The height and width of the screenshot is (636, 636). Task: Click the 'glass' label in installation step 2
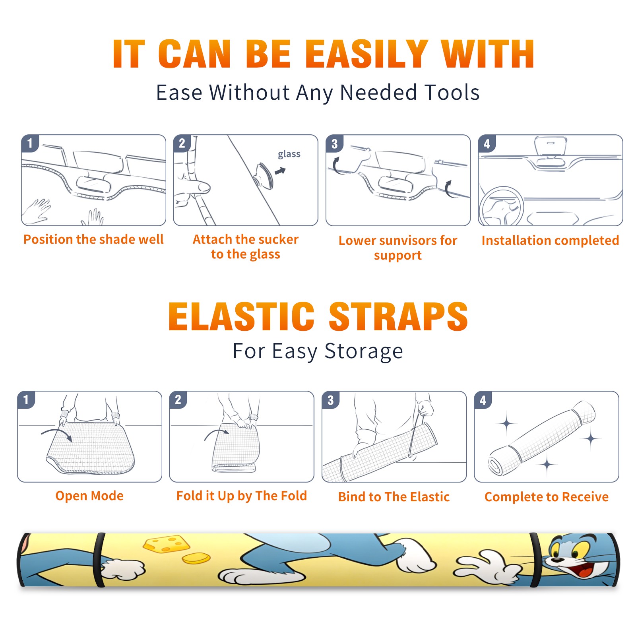(x=289, y=154)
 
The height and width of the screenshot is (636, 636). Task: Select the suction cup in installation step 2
(x=264, y=175)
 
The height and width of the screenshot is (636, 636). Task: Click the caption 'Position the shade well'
(x=93, y=239)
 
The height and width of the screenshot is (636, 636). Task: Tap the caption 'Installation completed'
(x=550, y=240)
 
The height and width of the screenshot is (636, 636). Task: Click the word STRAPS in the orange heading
(x=398, y=316)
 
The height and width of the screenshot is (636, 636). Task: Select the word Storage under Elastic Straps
(x=364, y=351)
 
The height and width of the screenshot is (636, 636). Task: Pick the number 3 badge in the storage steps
(x=331, y=400)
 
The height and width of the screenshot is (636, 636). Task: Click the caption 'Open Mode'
(x=89, y=496)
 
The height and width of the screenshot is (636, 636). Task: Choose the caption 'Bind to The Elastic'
(x=394, y=497)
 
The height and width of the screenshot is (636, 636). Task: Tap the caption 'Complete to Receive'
(x=546, y=497)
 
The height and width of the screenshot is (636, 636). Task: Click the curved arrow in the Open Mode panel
(x=56, y=431)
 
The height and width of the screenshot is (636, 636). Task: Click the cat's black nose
(x=557, y=559)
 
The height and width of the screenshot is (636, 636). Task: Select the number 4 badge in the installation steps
(x=487, y=143)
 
